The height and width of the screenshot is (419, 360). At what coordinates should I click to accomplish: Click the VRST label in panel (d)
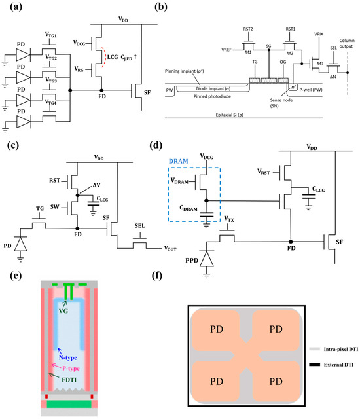[263, 173]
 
